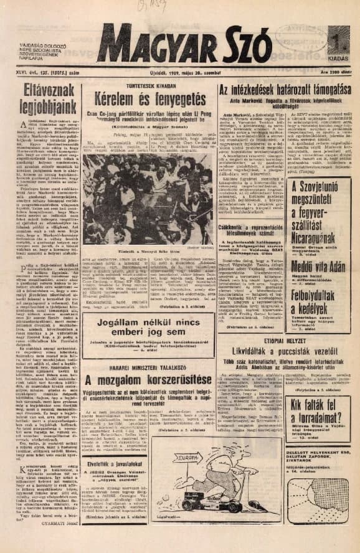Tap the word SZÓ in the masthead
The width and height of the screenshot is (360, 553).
pos(247,45)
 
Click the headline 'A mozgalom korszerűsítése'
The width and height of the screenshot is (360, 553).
pos(145,380)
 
